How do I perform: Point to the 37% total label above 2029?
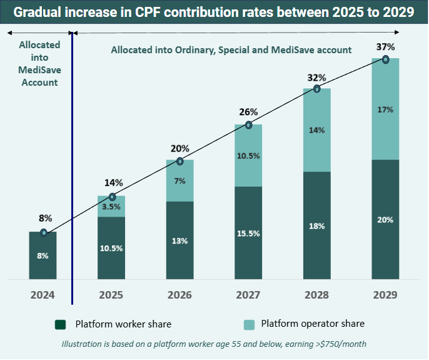[386, 47]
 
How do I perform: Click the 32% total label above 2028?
[317, 78]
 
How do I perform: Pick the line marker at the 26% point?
[248, 125]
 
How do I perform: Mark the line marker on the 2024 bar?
[43, 232]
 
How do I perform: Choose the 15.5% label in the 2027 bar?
[248, 234]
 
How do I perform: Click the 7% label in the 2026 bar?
[180, 181]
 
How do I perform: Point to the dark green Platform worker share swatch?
[61, 324]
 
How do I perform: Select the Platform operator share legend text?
[313, 324]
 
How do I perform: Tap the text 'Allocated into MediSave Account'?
[39, 64]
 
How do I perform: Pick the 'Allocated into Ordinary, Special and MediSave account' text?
[231, 49]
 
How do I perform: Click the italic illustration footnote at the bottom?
[213, 344]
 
